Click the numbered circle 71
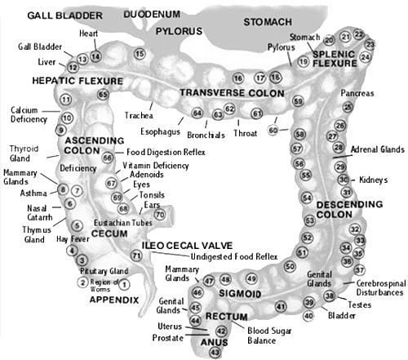[x=137, y=256]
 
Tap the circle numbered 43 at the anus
[x=215, y=352]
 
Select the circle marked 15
[x=140, y=54]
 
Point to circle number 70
[x=160, y=216]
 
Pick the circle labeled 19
[x=303, y=61]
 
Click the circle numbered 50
[x=289, y=266]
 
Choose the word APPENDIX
[x=113, y=300]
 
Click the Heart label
[x=88, y=33]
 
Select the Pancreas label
[x=357, y=94]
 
